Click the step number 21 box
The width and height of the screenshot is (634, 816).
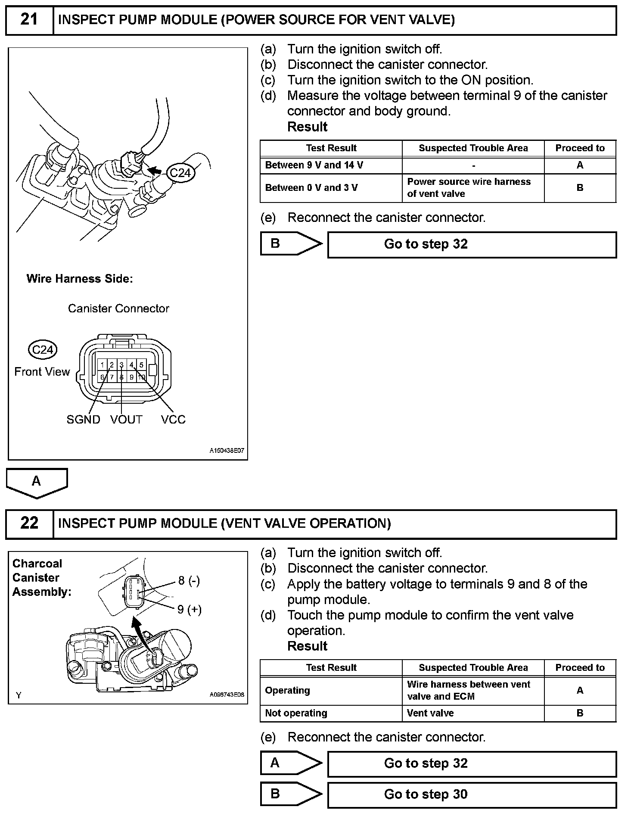pyautogui.click(x=29, y=20)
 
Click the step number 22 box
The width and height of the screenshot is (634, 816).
pyautogui.click(x=29, y=523)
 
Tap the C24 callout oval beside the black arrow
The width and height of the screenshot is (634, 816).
pyautogui.click(x=180, y=173)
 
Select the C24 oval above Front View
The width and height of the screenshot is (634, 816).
pyautogui.click(x=42, y=349)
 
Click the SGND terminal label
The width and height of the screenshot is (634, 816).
pyautogui.click(x=83, y=420)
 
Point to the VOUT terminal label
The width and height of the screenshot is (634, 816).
pyautogui.click(x=126, y=420)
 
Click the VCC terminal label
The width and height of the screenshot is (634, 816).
pyautogui.click(x=173, y=420)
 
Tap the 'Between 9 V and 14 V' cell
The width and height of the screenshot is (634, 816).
pyautogui.click(x=331, y=165)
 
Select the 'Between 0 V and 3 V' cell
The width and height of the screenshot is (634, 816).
pyautogui.click(x=331, y=188)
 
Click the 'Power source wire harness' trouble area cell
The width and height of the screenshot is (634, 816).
pyautogui.click(x=473, y=188)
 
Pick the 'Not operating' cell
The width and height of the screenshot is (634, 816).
pyautogui.click(x=331, y=713)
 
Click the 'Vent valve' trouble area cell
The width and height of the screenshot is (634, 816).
pyautogui.click(x=473, y=713)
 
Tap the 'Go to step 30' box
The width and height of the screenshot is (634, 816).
pyautogui.click(x=472, y=794)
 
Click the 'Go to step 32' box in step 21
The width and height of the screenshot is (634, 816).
pyautogui.click(x=472, y=244)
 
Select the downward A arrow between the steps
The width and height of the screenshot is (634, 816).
pyautogui.click(x=37, y=482)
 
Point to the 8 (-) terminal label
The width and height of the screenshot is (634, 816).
pyautogui.click(x=189, y=581)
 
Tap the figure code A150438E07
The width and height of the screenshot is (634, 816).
pyautogui.click(x=227, y=451)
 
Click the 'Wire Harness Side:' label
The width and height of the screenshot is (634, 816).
pyautogui.click(x=80, y=279)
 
